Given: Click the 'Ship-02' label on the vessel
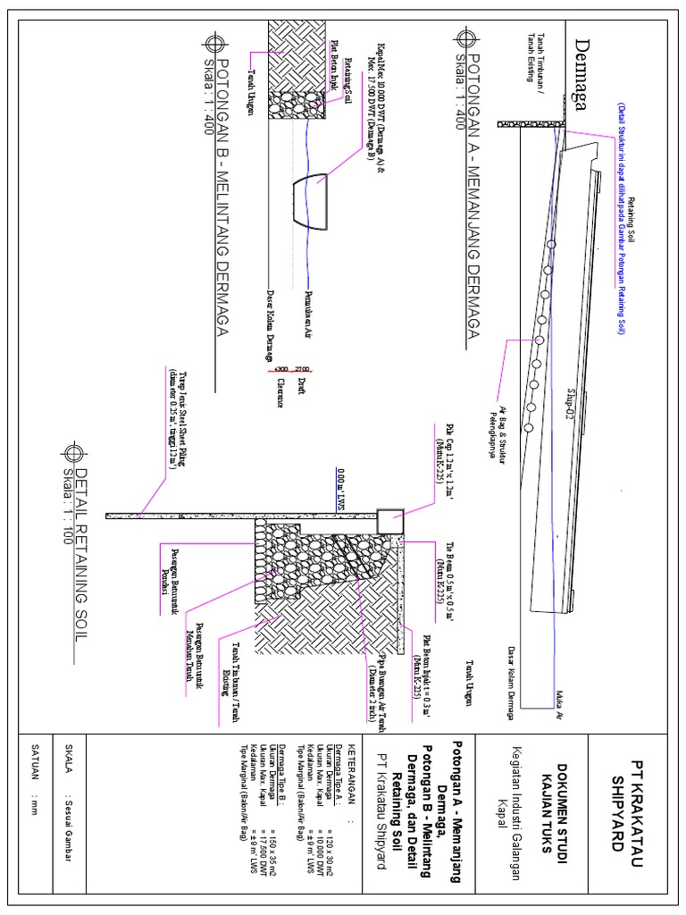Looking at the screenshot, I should (x=570, y=404).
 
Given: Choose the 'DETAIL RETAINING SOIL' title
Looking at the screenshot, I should (x=81, y=554).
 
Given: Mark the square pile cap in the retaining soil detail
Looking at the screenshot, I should (x=389, y=521).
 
